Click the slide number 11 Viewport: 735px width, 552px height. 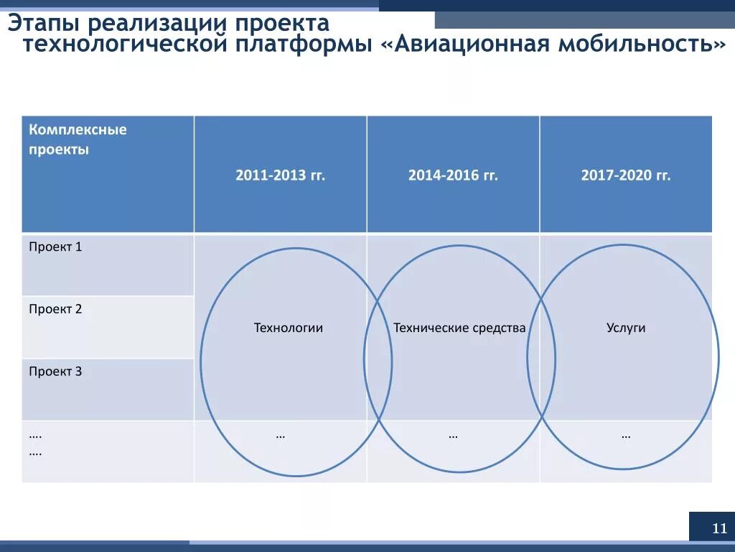click(719, 530)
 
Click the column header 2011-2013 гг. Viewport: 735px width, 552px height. click(280, 175)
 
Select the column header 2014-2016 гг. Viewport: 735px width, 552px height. click(453, 175)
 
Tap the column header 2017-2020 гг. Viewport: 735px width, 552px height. click(626, 175)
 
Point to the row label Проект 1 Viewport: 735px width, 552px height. click(55, 247)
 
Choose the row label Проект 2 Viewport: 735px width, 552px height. click(55, 309)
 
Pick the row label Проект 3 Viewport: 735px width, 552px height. click(55, 372)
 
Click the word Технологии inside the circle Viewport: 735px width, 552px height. click(288, 328)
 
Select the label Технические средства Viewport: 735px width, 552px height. click(459, 328)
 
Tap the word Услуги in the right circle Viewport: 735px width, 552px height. click(626, 328)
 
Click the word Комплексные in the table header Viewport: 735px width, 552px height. click(78, 130)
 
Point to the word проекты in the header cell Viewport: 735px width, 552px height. click(59, 150)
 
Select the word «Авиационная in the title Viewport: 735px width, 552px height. click(464, 45)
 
